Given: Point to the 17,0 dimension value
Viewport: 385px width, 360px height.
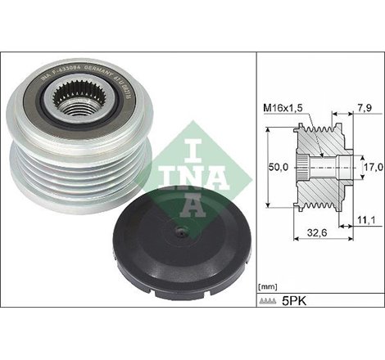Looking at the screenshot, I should (373, 168).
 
